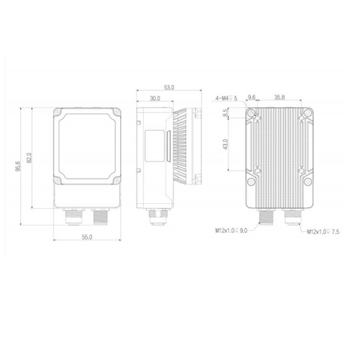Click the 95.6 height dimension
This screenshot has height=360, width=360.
pos(18,166)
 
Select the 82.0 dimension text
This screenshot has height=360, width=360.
pos(29,158)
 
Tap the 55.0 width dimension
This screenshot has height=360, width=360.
pos(87,237)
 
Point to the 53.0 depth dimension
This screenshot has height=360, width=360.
pos(169,87)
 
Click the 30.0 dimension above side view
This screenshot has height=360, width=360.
pos(155,98)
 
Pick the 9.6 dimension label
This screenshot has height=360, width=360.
pos(252,97)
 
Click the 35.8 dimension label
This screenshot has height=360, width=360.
pos(279,97)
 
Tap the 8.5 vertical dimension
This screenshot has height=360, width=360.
pos(226,112)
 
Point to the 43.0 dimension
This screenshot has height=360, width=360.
pos(226,144)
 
